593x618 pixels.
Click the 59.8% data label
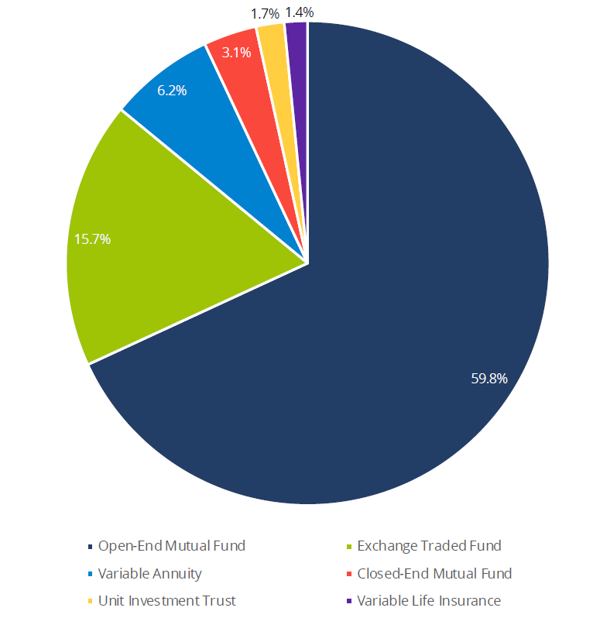(x=489, y=379)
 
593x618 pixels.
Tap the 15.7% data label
(x=92, y=239)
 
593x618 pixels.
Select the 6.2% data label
(x=172, y=90)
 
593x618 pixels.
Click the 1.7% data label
(x=264, y=14)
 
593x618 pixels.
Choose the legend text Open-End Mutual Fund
(x=171, y=546)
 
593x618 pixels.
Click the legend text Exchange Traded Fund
(x=429, y=546)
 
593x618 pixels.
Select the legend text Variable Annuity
(x=149, y=574)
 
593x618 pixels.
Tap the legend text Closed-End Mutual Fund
(x=434, y=574)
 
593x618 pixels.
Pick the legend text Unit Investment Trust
(x=166, y=601)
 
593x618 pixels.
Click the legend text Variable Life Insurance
(x=429, y=601)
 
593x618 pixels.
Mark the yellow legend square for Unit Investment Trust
(x=90, y=602)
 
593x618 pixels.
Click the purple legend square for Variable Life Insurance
(x=349, y=602)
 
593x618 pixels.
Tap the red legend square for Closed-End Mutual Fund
(x=349, y=575)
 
